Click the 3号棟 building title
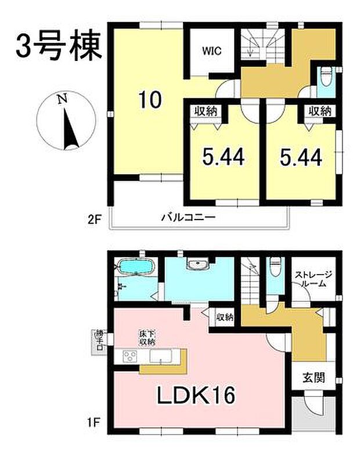tap(59, 45)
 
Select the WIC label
tap(211, 50)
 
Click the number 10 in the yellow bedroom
tap(149, 100)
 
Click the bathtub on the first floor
tap(136, 269)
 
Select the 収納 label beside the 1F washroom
tap(225, 317)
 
